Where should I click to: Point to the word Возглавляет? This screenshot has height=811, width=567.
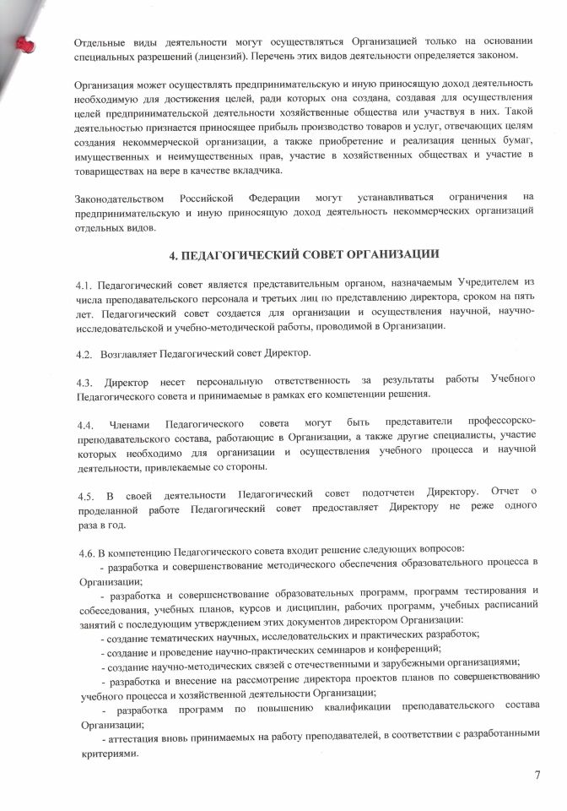[130, 351]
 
